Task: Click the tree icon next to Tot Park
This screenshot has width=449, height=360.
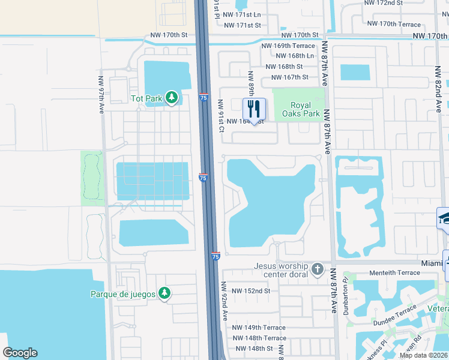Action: coord(172,97)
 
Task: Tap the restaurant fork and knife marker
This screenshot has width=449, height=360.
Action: coord(254,109)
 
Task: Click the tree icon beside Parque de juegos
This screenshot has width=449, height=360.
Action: coord(164,293)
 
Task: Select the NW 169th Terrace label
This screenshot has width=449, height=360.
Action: coord(288,46)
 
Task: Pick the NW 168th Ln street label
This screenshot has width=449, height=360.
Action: coord(289,56)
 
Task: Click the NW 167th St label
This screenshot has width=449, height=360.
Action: coord(289,77)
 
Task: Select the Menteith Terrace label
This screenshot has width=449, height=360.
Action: coord(394,273)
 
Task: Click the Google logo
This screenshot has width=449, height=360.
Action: coord(20,353)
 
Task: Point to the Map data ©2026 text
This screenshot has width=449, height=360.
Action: coord(423,355)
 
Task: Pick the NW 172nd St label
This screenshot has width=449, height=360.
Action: coord(384,3)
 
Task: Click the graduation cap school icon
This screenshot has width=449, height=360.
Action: coord(445,218)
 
